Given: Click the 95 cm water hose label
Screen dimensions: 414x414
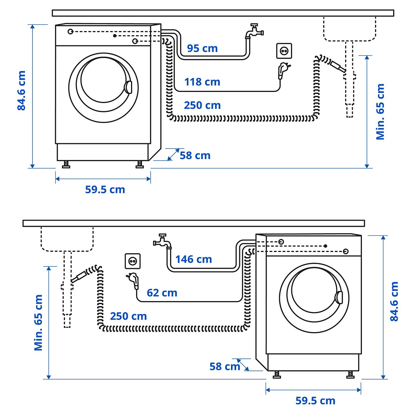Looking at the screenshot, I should coord(202,48).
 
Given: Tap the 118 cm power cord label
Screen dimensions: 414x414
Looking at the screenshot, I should coord(202,82).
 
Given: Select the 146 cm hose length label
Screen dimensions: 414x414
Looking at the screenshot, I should coord(194,259).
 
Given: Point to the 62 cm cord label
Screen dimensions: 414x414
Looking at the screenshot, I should coord(162,293).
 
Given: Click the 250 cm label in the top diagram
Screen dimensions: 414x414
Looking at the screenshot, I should coord(202,105).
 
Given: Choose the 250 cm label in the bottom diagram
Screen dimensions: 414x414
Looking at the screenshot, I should coord(128,316).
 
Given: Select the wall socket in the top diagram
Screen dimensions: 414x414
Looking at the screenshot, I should coord(284,51).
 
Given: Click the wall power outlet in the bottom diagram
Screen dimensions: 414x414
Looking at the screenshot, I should coord(132,261).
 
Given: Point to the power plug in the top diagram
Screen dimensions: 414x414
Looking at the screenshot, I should coord(283,70).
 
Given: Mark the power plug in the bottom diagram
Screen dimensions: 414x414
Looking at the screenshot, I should coord(134,280).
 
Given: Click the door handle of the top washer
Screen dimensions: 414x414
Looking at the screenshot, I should coord(128,87).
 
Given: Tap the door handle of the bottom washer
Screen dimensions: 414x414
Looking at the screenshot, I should coord(339,297).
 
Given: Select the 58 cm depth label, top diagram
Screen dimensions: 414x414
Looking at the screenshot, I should coord(195,156).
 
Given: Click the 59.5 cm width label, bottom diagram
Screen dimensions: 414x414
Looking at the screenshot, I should coord(315,401).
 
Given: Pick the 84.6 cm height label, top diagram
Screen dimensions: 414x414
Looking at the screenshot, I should coord(22,90).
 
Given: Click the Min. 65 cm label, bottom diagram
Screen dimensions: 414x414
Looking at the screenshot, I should coord(38,323).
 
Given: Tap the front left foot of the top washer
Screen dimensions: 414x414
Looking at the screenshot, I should coord(66,164).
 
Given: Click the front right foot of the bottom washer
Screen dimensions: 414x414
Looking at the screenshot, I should coord(350,375).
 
